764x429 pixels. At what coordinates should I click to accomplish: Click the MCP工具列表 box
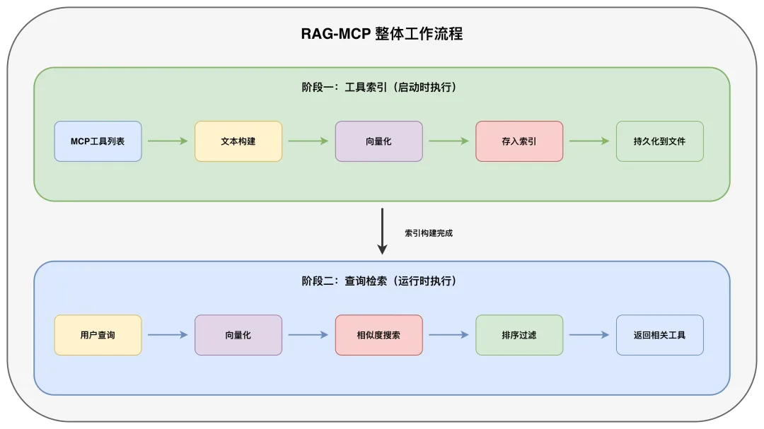[98, 141]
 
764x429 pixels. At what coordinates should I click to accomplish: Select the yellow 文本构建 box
[238, 141]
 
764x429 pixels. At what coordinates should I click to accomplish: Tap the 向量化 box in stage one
[378, 141]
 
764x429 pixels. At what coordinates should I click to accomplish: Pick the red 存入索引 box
[519, 141]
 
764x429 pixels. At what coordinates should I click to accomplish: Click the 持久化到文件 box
[659, 141]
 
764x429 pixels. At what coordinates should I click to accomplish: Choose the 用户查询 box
[98, 335]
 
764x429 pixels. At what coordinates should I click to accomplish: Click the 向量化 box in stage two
[238, 335]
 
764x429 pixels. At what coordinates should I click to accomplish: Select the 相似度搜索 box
[378, 335]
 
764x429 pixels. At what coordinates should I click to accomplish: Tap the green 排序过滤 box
[519, 335]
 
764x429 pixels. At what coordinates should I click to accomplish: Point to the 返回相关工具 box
[659, 335]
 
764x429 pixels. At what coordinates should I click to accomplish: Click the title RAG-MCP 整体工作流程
[382, 33]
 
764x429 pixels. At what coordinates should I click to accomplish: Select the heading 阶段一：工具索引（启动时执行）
[382, 88]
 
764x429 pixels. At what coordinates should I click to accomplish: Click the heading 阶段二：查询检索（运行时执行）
[382, 281]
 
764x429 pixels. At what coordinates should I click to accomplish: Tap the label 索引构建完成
[429, 233]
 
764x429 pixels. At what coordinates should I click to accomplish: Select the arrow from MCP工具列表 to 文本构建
[168, 141]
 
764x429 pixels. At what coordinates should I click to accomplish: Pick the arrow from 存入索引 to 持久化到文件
[589, 141]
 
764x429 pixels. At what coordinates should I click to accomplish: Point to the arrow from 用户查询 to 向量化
[168, 335]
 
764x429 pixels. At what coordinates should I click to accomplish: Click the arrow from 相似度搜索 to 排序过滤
[448, 335]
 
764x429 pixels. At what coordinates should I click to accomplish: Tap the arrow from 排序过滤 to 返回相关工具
[589, 335]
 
